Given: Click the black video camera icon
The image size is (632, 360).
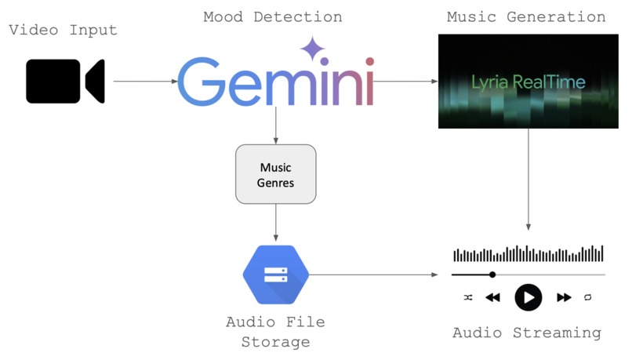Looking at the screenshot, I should click(x=64, y=81).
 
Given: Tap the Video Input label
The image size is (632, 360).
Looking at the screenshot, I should click(x=64, y=31).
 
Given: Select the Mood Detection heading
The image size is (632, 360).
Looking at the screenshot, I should click(x=272, y=16).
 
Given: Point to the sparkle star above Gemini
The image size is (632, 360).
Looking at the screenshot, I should click(x=312, y=49).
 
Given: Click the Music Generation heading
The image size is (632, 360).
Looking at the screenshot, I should click(x=526, y=16).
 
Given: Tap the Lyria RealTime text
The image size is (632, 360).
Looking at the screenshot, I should click(x=528, y=82).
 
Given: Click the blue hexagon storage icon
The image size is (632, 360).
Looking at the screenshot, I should click(x=276, y=274).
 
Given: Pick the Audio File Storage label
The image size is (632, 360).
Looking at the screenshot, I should click(x=275, y=332).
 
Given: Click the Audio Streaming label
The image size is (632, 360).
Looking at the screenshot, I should click(x=527, y=333).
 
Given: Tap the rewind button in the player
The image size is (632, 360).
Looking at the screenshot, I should click(x=492, y=298).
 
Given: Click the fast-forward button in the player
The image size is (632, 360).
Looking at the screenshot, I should click(x=564, y=298).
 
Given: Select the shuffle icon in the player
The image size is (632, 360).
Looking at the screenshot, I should click(x=467, y=298).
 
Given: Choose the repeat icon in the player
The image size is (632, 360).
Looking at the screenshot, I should click(x=588, y=298).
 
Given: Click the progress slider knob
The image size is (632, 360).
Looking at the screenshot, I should click(x=492, y=275).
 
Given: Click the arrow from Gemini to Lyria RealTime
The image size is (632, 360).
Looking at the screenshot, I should click(x=405, y=81).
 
